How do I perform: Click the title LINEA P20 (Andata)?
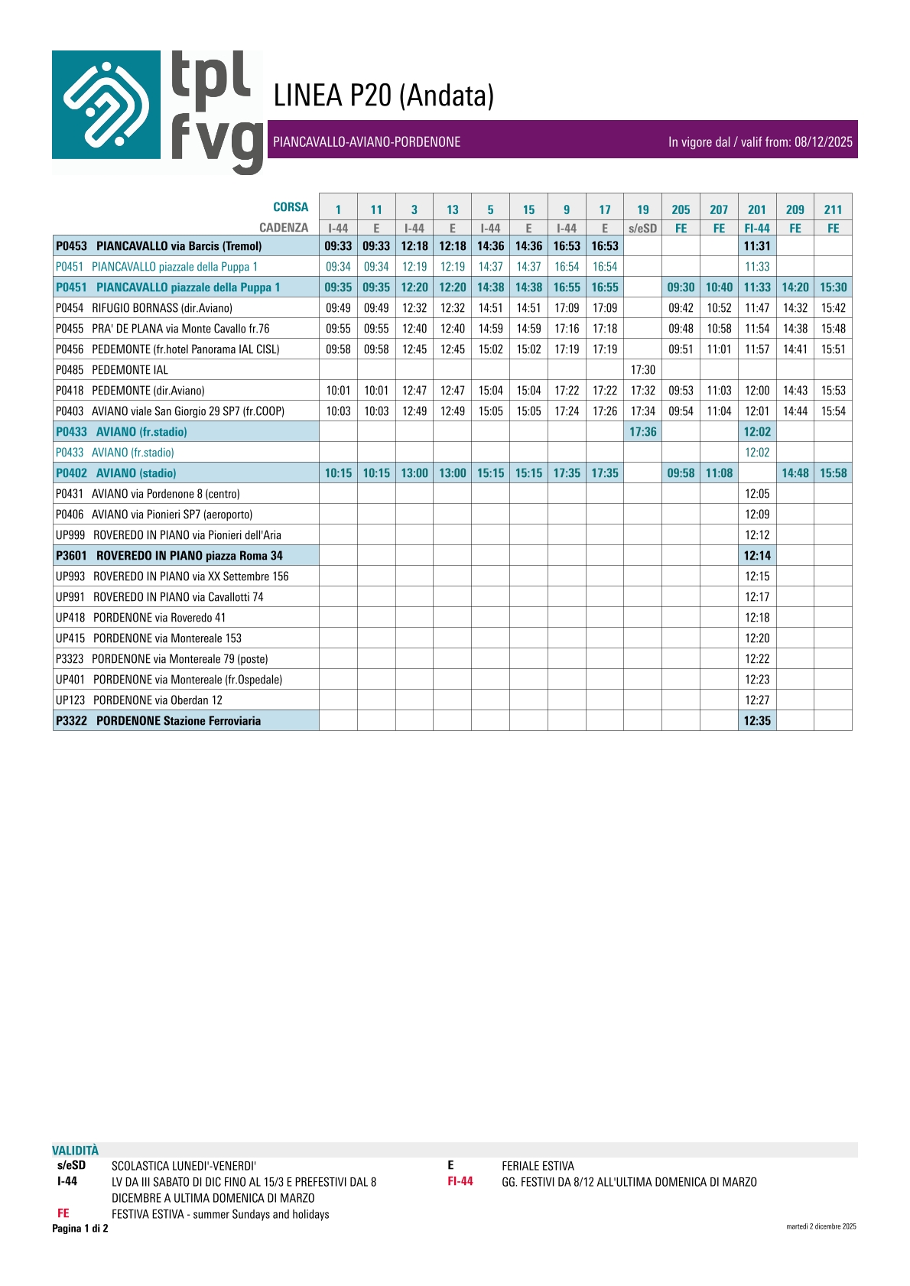click(384, 96)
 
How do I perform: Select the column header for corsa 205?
click(681, 209)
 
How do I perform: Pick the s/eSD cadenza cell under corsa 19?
click(642, 228)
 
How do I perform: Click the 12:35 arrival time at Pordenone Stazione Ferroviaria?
click(757, 721)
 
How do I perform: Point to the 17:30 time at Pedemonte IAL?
click(642, 370)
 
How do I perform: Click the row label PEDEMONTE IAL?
click(130, 370)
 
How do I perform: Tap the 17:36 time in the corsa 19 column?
click(642, 432)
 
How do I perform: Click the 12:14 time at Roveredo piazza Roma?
click(757, 556)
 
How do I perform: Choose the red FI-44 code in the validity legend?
click(460, 1181)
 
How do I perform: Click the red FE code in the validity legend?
click(63, 1213)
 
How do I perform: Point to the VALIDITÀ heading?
click(75, 1151)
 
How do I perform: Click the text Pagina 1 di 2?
click(80, 1229)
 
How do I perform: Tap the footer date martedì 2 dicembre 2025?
click(821, 1226)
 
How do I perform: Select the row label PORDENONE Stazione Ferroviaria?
click(178, 721)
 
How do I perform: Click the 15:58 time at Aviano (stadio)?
click(833, 473)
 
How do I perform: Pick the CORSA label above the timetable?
click(291, 207)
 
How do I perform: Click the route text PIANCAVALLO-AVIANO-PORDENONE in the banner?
click(367, 142)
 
